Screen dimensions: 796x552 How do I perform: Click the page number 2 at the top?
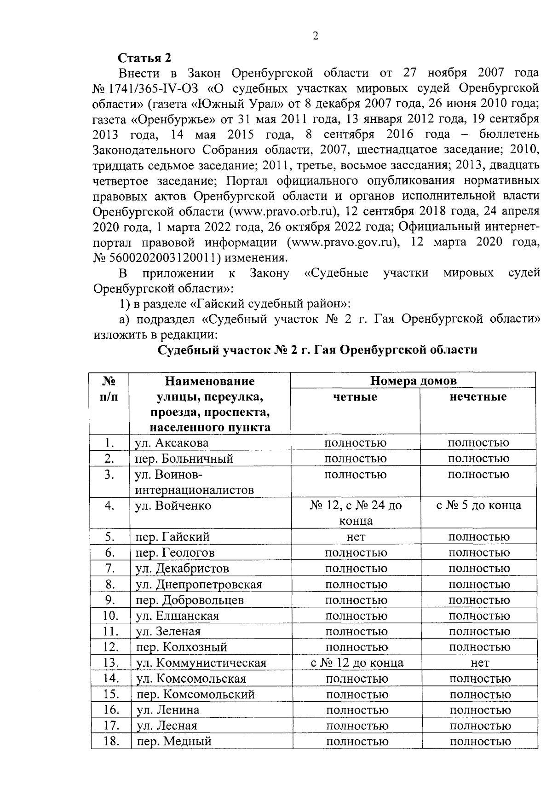(x=315, y=37)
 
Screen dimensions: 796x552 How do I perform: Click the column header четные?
(x=355, y=397)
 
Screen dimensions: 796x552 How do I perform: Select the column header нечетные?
(x=478, y=397)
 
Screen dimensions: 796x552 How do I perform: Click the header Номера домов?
(x=414, y=381)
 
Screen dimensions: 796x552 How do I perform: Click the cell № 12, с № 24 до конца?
(x=356, y=513)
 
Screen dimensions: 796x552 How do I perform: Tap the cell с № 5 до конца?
(x=478, y=505)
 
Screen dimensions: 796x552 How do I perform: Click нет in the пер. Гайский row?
(x=356, y=537)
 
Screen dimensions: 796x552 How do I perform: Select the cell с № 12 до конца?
(x=356, y=663)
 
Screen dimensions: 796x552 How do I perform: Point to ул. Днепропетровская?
(x=199, y=585)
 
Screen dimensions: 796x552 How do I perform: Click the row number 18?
(x=111, y=741)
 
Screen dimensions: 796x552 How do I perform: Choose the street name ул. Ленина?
(x=168, y=710)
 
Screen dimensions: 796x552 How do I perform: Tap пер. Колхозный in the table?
(x=182, y=647)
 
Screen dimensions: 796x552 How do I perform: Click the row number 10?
(x=111, y=616)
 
